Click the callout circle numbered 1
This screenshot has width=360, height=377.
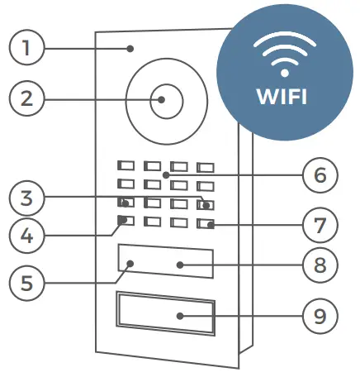[x=26, y=48]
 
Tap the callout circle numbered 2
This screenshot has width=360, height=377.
[x=26, y=99]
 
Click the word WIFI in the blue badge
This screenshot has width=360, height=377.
[x=281, y=96]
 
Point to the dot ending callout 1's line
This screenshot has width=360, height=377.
[x=130, y=49]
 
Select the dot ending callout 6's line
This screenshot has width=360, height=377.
[x=165, y=174]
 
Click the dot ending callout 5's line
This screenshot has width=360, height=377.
[x=132, y=265]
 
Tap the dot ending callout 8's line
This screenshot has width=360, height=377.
[x=179, y=265]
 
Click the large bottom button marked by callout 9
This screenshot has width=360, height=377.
[x=165, y=314]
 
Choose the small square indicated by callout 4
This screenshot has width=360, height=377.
[x=124, y=221]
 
